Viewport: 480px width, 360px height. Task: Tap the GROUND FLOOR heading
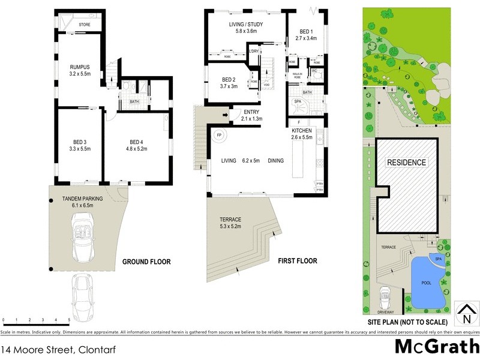tap(146, 262)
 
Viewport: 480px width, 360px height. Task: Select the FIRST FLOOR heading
tap(297, 261)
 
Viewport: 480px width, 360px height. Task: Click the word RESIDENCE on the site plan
tap(406, 162)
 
